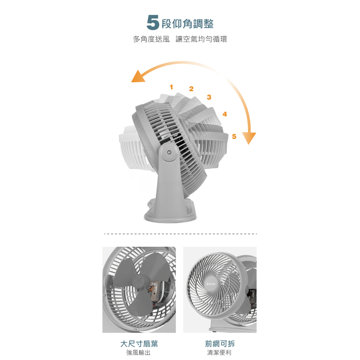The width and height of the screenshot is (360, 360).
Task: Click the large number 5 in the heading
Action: (x=153, y=22)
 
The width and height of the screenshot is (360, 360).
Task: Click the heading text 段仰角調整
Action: (x=188, y=24)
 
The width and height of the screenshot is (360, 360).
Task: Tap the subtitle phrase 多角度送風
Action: (x=151, y=39)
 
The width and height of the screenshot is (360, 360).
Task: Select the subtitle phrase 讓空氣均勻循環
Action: (x=201, y=39)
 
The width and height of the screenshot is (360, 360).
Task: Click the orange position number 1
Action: (x=171, y=87)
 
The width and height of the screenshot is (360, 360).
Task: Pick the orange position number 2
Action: (x=191, y=89)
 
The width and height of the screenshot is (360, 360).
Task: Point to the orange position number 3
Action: (x=209, y=97)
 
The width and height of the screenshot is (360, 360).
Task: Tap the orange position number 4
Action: (x=225, y=114)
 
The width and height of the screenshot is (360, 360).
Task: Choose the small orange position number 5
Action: (x=234, y=137)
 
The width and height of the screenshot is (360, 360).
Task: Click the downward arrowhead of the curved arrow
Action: (x=249, y=138)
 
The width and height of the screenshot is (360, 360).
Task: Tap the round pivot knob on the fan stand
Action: (x=169, y=152)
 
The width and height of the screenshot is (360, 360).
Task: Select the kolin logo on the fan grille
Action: (x=211, y=284)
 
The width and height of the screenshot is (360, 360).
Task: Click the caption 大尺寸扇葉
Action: (x=139, y=344)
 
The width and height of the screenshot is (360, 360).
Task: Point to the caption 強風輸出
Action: (x=139, y=352)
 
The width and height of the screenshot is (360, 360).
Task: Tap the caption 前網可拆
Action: (x=220, y=344)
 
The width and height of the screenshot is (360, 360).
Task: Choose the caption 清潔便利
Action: (x=219, y=352)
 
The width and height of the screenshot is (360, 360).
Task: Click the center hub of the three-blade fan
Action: (x=140, y=282)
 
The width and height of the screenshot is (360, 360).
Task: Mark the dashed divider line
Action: (x=180, y=234)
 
